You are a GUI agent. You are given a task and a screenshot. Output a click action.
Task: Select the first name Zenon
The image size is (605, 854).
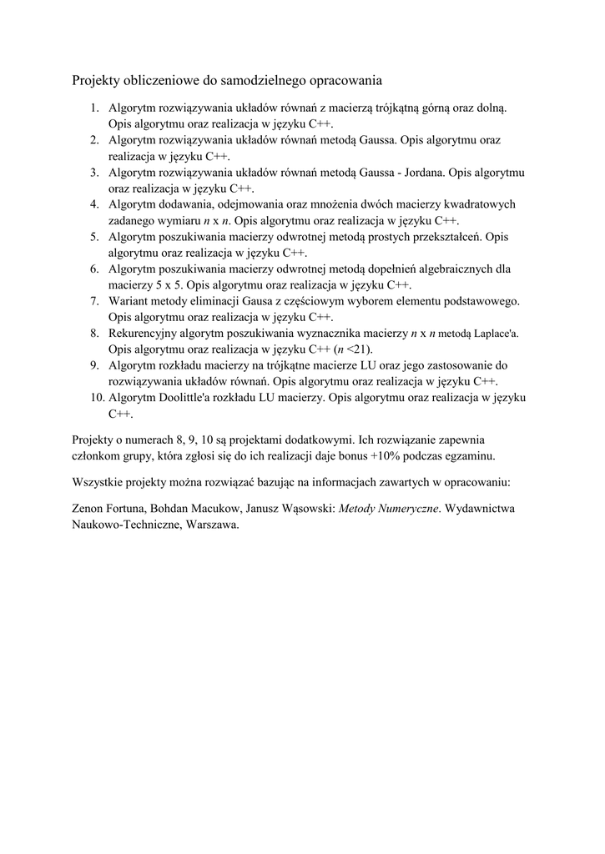(x=89, y=509)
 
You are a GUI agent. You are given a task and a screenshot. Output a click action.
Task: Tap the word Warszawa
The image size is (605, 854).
(x=213, y=525)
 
